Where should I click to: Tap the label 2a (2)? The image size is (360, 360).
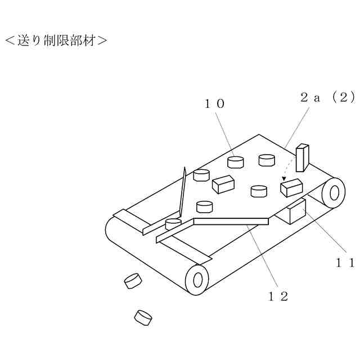point(327,97)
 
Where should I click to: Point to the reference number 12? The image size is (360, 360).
point(278,296)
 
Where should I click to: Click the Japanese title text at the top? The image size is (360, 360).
point(56,40)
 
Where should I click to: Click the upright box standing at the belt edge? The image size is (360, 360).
point(302,158)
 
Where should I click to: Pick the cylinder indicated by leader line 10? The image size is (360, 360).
point(236,163)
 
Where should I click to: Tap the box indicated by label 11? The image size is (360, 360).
point(294,211)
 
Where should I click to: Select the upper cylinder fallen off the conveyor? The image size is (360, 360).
point(133,280)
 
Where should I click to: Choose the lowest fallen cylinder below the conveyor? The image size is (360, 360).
point(143,318)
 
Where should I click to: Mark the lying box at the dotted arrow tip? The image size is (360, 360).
point(291,187)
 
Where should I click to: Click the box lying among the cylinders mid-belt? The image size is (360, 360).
point(223,184)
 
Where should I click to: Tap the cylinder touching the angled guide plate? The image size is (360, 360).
point(173,224)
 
